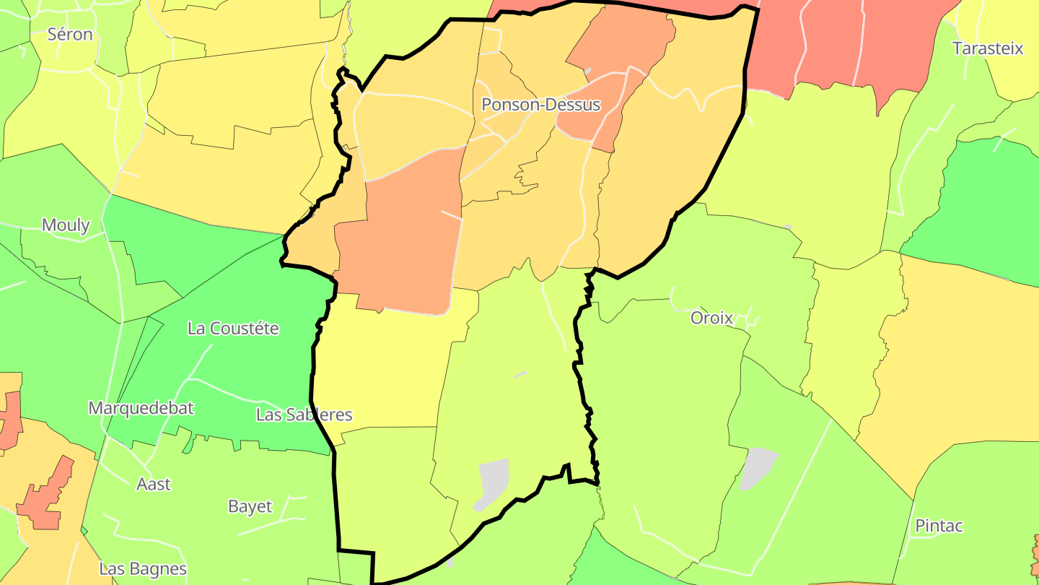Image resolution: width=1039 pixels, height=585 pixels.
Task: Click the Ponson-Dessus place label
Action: click(540, 105)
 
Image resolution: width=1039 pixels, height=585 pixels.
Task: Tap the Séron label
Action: click(70, 34)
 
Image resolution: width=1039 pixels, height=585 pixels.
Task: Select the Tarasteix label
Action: click(988, 48)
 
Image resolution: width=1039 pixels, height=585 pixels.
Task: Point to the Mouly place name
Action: click(66, 225)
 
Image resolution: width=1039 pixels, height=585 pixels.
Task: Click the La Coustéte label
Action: click(232, 329)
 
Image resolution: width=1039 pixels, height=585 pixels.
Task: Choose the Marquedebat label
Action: click(141, 408)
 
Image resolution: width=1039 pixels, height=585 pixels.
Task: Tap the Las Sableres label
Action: click(304, 415)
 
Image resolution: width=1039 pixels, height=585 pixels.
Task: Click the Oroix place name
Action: click(711, 318)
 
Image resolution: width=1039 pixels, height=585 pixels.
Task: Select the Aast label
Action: click(154, 484)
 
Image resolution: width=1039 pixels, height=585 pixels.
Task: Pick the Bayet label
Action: click(250, 506)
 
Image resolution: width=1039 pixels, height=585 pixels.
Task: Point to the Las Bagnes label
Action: click(143, 569)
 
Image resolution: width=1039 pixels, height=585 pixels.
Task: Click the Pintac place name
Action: click(939, 526)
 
